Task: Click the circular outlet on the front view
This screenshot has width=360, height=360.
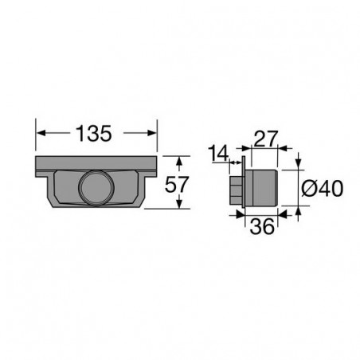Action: [x=96, y=189]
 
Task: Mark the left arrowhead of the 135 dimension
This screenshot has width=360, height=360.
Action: [x=41, y=132]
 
